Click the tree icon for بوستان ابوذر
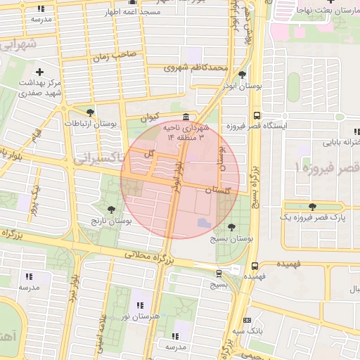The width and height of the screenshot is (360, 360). coord(243,75)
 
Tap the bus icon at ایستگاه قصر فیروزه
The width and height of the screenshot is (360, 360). coord(257,115)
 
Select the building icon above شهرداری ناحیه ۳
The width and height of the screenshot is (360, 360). coord(186,117)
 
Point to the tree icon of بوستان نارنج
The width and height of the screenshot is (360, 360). coord(111,209)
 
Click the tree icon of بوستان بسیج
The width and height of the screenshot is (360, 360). coord(232,227)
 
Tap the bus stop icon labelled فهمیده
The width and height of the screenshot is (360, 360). coord(254,266)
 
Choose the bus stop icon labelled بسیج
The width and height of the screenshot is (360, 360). coord(219,274)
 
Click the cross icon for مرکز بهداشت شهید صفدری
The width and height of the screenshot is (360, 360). coord(40,72)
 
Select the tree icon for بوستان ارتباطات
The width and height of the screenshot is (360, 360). coord(90,112)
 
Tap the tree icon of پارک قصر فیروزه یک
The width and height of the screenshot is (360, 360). coord(312,207)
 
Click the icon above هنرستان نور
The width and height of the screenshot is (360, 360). coord(141,305)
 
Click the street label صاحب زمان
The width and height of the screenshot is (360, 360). coord(117,55)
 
